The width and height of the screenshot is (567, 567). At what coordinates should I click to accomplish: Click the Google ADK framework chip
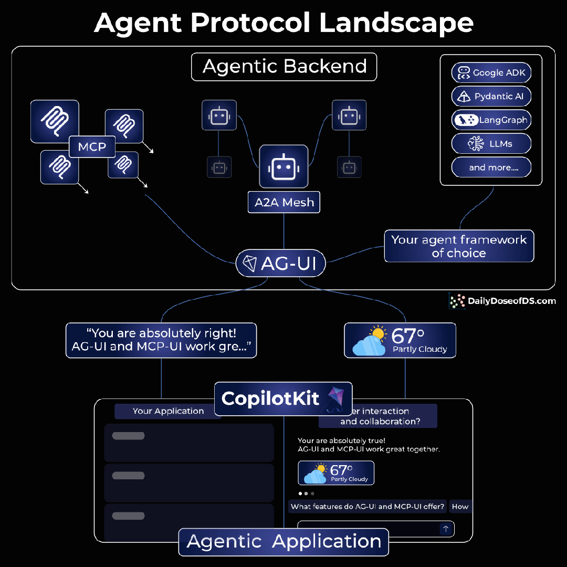point(491,73)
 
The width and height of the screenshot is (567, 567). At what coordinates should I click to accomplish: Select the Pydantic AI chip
point(491,97)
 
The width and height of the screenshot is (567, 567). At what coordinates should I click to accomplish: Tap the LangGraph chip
point(491,120)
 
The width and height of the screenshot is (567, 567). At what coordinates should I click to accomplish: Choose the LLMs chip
point(491,144)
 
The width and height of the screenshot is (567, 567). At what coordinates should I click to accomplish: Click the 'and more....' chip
point(491,168)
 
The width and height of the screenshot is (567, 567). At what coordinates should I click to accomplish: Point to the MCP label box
point(92,147)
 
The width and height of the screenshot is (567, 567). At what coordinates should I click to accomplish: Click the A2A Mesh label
point(284,203)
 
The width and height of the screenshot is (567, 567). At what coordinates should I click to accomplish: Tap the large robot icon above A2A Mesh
point(283,167)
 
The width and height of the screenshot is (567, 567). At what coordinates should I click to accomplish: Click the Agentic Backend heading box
point(284,67)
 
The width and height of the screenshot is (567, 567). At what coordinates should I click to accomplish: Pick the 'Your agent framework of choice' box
point(459,246)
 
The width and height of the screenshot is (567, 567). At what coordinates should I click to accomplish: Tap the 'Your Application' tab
point(168,411)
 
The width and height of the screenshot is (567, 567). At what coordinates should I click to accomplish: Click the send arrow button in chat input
point(446,529)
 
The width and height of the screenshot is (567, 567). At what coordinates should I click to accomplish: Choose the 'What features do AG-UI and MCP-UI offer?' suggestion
point(367,507)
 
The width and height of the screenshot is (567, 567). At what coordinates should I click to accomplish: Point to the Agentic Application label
point(283,542)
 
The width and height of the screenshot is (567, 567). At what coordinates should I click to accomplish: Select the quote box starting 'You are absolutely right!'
point(161,340)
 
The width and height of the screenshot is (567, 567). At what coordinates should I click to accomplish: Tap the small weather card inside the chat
point(336,473)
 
